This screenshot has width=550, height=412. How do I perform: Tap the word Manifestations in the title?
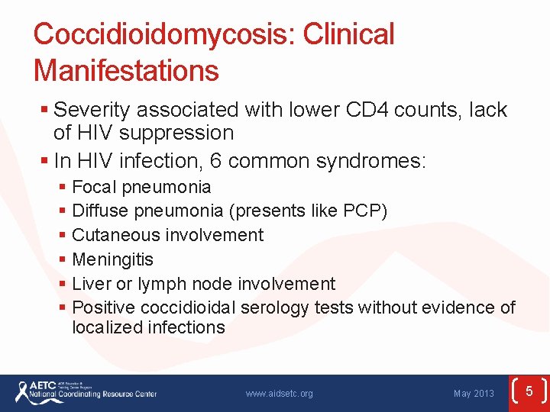[126, 71]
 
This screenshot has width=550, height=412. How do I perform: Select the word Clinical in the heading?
[349, 34]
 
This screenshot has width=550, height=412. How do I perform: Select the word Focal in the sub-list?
[92, 187]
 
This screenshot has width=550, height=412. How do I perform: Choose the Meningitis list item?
[112, 259]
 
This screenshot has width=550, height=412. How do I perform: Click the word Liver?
[89, 284]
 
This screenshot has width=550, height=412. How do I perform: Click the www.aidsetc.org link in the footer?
[279, 394]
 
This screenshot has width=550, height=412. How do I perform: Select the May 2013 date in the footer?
[474, 394]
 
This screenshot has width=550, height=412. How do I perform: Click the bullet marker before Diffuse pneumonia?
[63, 211]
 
